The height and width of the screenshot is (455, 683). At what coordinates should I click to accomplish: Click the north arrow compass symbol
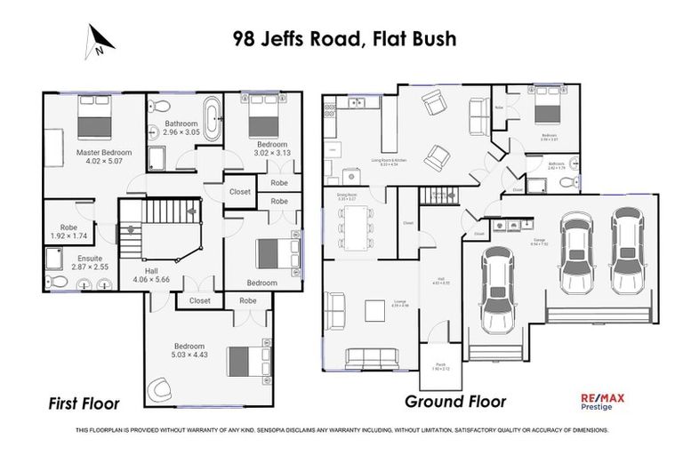click(x=100, y=40)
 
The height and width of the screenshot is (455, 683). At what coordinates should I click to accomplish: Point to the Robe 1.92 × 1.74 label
click(x=64, y=232)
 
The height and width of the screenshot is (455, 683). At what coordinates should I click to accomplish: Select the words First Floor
click(x=83, y=403)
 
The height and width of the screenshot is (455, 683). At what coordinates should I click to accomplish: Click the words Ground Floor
click(x=455, y=402)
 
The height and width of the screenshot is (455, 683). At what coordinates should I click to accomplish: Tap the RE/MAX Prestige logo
click(x=602, y=402)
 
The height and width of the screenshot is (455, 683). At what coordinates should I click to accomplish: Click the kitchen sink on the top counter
click(x=359, y=101)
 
